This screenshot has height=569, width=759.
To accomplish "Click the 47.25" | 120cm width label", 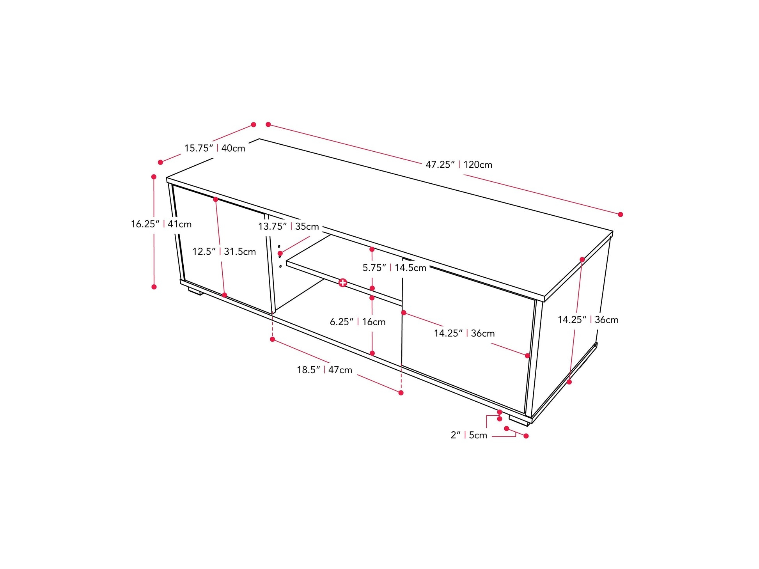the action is tap(459, 165).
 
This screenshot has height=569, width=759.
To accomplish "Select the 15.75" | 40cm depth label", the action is tap(215, 148).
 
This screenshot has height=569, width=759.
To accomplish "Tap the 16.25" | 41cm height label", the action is tap(161, 224).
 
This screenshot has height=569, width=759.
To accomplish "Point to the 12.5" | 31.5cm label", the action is tap(224, 252).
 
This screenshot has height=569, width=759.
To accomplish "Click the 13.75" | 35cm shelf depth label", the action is tap(289, 227).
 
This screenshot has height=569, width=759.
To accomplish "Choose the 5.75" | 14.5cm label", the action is tap(394, 268).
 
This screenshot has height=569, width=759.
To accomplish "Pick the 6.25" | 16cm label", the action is tap(358, 322).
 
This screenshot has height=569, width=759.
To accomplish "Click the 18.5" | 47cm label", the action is tap(325, 370).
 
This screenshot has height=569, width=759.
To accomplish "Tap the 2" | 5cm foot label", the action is tap(469, 435).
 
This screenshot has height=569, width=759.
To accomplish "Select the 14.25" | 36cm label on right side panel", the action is tap(588, 320).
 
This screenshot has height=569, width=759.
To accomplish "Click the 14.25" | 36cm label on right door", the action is tap(464, 333).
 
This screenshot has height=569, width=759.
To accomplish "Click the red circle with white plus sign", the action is tap(342, 283).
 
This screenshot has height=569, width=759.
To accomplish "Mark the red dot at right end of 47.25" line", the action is tap(621, 214).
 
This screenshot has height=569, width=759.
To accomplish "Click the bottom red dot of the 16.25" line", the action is tap(154, 287).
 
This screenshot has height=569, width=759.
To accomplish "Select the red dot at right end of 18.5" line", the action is tap(401, 393).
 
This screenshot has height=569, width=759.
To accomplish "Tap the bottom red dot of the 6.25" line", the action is tap(372, 353).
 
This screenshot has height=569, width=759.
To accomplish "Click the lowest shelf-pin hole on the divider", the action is tap(280, 266).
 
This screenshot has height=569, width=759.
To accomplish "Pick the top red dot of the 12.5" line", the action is tap(216, 200).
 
